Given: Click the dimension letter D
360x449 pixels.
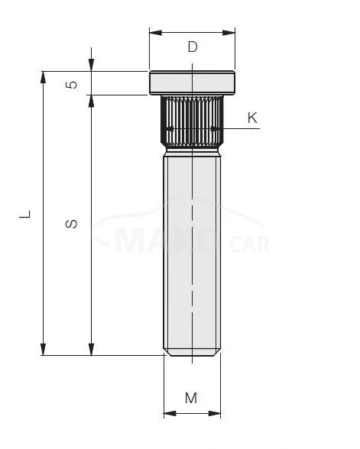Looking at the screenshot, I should [x=193, y=47].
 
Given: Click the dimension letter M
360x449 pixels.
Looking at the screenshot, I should [x=191, y=398].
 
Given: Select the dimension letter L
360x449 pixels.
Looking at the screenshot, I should [x=25, y=215].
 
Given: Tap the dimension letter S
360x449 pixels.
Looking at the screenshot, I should [x=71, y=224].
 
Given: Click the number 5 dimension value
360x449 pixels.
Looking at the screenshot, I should [x=72, y=85].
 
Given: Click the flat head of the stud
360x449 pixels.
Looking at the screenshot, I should [x=193, y=81].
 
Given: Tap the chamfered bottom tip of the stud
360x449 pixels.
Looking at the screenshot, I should [x=193, y=354].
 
